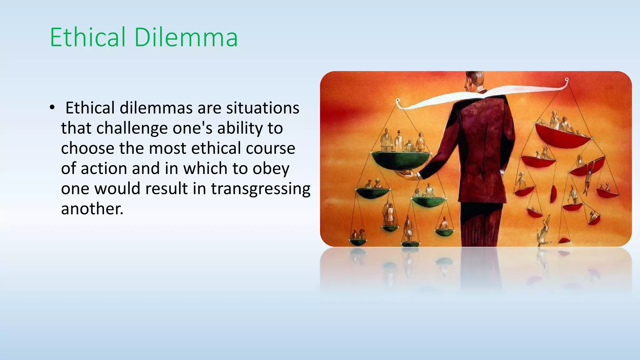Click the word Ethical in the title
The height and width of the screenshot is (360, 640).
click(87, 37)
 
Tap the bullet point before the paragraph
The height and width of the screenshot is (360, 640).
click(52, 107)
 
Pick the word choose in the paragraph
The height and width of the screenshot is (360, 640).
click(88, 148)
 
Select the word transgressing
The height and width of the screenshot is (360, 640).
click(261, 189)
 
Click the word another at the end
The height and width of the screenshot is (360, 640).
click(92, 209)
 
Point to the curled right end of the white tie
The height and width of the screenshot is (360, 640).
click(566, 82)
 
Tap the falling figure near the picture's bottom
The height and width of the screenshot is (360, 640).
click(544, 231)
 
